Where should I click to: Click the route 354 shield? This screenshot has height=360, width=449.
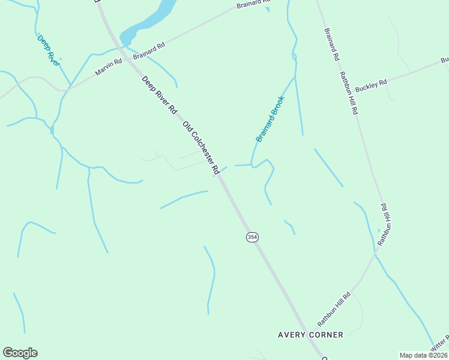pos(252,238)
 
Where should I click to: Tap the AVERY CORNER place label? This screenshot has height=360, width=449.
pos(311,335)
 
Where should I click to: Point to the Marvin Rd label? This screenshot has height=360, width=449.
pos(109,68)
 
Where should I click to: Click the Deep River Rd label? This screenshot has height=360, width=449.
pos(159,95)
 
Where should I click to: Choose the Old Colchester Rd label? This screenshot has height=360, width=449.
pos(200,148)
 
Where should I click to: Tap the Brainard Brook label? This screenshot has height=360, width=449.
pos(270,119)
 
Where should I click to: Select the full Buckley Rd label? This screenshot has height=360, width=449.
pos(371,86)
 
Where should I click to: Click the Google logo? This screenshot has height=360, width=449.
pos(20,353)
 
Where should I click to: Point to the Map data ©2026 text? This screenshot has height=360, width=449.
pos(423,355)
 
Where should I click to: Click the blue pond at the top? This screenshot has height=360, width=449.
pos(151,22)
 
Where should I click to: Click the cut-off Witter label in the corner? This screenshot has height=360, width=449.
pos(441,344)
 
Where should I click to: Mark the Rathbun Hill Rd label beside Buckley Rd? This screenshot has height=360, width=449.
pos(349,93)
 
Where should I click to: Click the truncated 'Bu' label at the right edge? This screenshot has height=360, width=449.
pos(444,60)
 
